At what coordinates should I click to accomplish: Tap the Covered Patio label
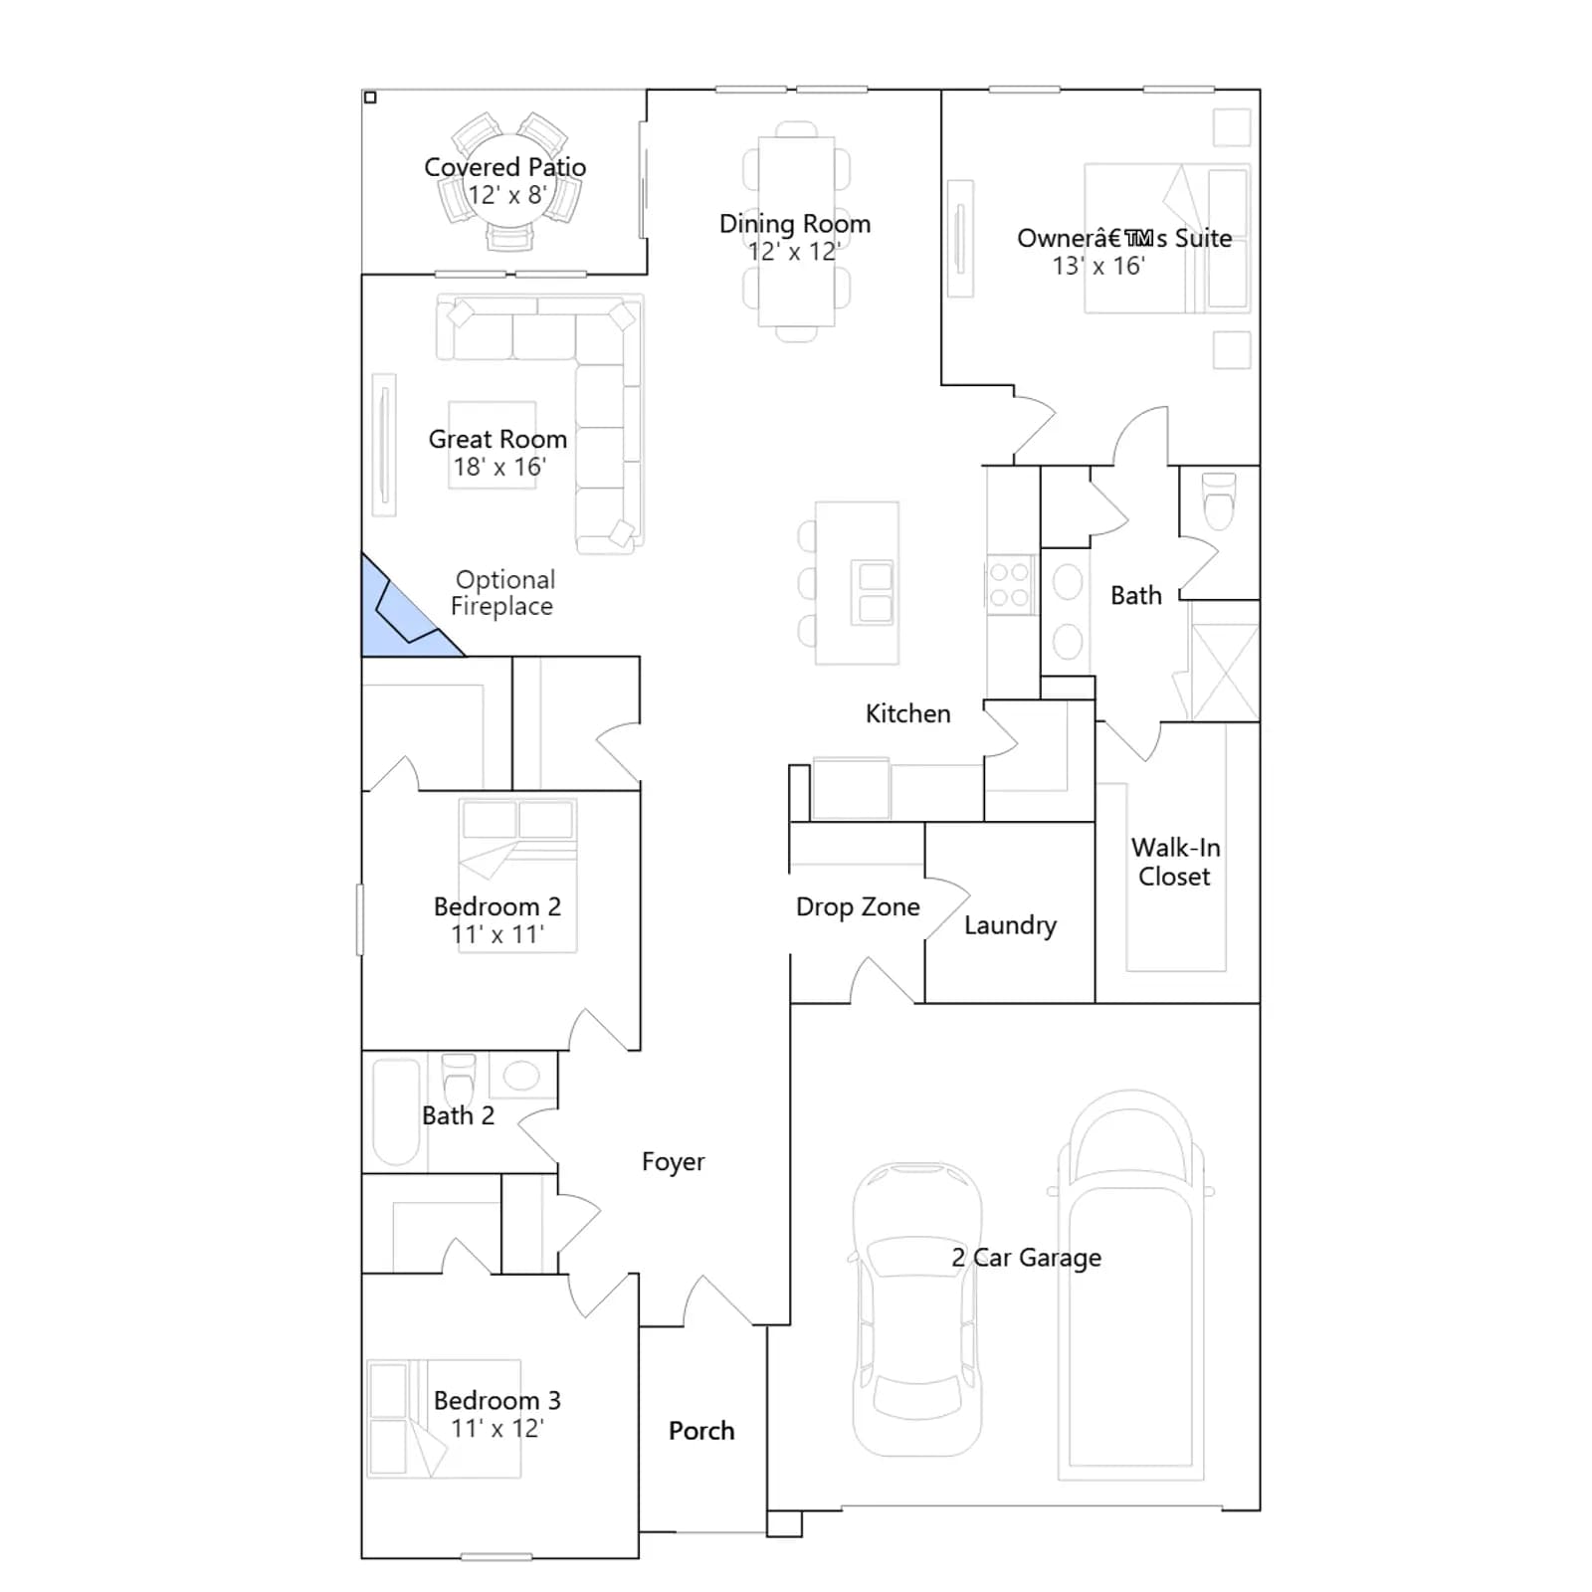(504, 167)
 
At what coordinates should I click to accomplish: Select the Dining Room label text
(795, 224)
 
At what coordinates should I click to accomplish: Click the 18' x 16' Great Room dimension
(499, 467)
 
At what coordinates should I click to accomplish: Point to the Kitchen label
(907, 713)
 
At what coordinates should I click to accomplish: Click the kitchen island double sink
(875, 593)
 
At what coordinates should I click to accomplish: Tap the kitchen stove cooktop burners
(1009, 585)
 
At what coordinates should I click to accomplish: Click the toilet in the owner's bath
(1219, 499)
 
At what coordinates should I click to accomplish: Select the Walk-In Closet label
(1175, 862)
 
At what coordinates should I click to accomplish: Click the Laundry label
(1010, 925)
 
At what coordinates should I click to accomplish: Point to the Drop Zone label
(858, 906)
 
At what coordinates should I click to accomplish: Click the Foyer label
(673, 1162)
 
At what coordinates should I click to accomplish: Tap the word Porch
(701, 1431)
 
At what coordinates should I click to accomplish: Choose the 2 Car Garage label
(1026, 1258)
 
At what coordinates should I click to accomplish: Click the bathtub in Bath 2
(396, 1111)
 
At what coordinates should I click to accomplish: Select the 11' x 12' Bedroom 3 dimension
(497, 1429)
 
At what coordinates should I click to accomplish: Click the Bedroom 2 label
(497, 906)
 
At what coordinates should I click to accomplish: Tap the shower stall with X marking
(1225, 673)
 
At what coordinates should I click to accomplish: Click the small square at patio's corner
(370, 98)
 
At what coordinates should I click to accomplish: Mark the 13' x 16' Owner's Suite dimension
(1098, 266)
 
